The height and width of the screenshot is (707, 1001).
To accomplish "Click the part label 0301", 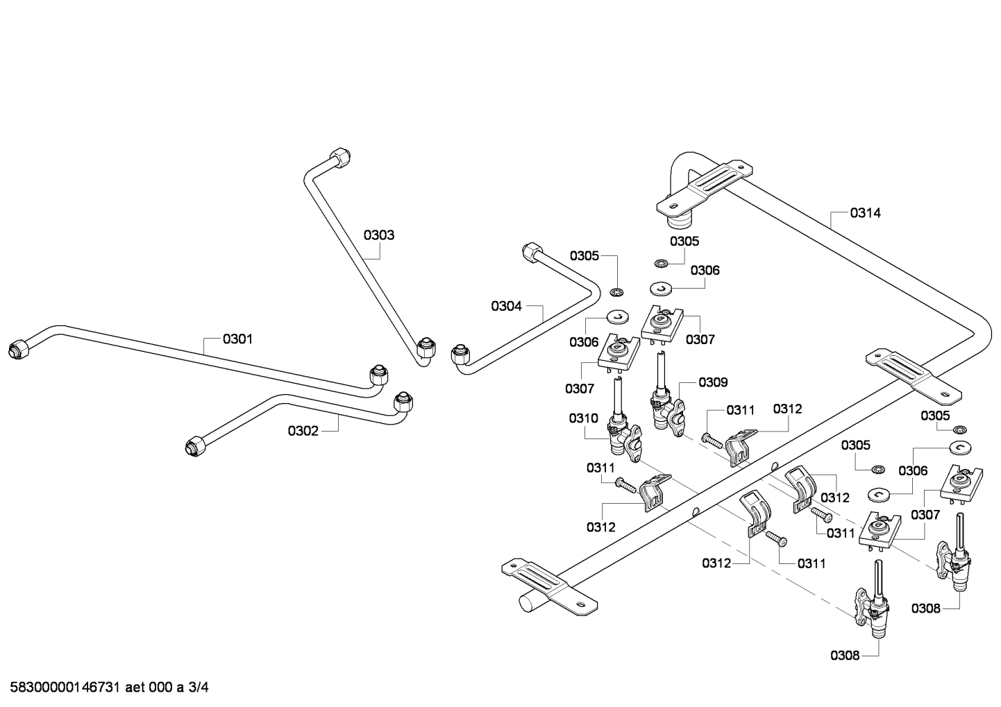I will [x=237, y=339].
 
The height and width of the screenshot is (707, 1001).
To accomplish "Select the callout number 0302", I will [x=303, y=431].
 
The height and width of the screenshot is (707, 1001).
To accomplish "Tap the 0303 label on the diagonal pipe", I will [x=379, y=235].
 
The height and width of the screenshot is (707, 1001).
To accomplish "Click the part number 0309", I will [x=713, y=382].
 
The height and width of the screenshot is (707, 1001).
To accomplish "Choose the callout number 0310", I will [x=583, y=418].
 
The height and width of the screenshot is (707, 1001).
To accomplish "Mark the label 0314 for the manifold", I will [x=865, y=213].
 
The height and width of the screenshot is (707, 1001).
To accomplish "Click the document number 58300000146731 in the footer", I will [x=66, y=688].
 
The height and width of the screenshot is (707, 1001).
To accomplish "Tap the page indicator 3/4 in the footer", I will [x=199, y=688].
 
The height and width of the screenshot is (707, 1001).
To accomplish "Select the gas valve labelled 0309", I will [x=666, y=409].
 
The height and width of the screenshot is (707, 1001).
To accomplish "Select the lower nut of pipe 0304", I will [x=459, y=356].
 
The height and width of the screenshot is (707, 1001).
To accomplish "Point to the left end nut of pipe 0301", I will [x=19, y=349].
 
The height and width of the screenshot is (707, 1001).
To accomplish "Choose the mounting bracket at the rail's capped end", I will [x=548, y=586].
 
